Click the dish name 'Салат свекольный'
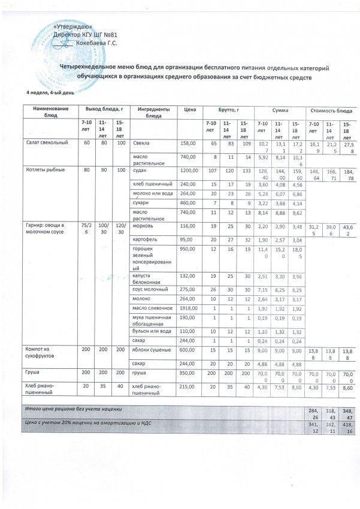[x=46, y=143]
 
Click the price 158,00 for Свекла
[x=189, y=143]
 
